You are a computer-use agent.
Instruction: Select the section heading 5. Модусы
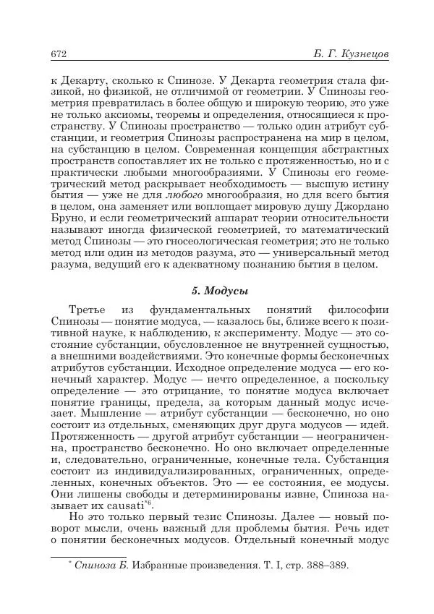218,290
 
